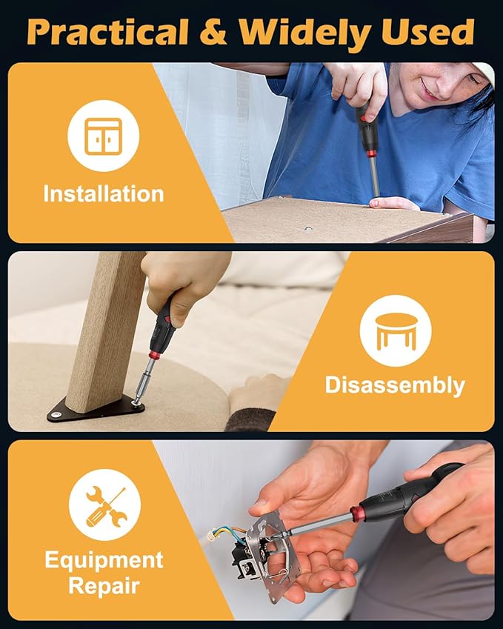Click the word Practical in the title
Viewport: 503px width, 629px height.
pos(107,32)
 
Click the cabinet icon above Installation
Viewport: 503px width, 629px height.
pos(103,136)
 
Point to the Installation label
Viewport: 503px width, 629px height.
pos(103,194)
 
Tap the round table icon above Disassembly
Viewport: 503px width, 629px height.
pos(395,330)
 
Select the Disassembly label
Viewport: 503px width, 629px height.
pos(395,385)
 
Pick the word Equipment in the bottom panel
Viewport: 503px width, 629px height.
pos(104,559)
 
